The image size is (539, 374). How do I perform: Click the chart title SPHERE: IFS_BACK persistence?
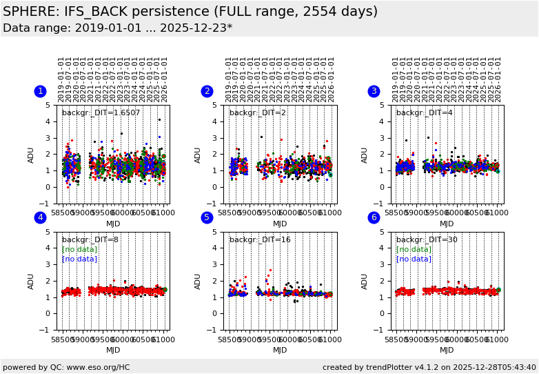pyautogui.click(x=190, y=12)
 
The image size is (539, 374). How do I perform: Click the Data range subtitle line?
pyautogui.click(x=117, y=28)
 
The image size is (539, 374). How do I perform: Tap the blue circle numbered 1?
pyautogui.click(x=40, y=91)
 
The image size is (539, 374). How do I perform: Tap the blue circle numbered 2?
pyautogui.click(x=207, y=91)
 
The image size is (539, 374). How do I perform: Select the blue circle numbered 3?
pyautogui.click(x=374, y=91)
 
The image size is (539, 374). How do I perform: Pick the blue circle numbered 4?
pyautogui.click(x=40, y=217)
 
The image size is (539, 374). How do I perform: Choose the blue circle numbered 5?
pyautogui.click(x=207, y=217)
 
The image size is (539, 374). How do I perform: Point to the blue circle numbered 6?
pyautogui.click(x=374, y=217)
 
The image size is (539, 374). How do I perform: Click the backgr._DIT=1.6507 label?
pyautogui.click(x=101, y=113)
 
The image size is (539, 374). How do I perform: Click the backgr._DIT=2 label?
pyautogui.click(x=257, y=113)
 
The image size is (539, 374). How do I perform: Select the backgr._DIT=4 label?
pyautogui.click(x=424, y=113)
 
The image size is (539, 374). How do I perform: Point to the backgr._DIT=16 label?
pyautogui.click(x=260, y=240)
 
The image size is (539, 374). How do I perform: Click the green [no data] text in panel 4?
pyautogui.click(x=79, y=250)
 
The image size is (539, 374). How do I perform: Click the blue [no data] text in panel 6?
pyautogui.click(x=414, y=259)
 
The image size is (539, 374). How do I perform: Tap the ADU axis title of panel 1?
pyautogui.click(x=31, y=155)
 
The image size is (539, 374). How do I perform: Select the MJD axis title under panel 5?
pyautogui.click(x=280, y=351)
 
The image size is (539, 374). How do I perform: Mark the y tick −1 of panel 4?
pyautogui.click(x=49, y=330)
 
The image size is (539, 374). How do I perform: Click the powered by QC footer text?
pyautogui.click(x=66, y=367)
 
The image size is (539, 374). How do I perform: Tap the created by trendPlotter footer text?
pyautogui.click(x=429, y=367)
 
